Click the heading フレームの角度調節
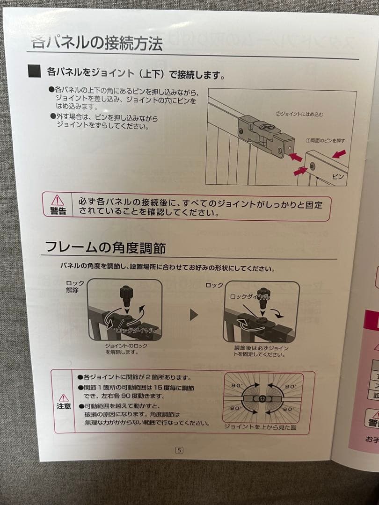105,247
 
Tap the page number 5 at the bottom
179,450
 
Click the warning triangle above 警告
58,200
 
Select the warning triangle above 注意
64,397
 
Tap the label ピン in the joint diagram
337,177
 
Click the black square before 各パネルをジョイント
35,72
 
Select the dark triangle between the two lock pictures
194,315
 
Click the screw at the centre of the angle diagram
261,398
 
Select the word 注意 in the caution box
64,406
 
